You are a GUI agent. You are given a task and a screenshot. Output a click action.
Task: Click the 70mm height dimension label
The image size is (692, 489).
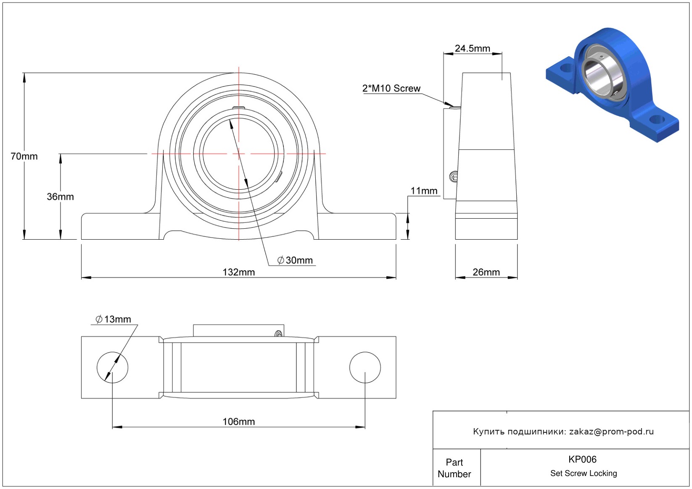[x=24, y=156]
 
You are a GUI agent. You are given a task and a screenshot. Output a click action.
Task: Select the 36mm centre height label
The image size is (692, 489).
[x=60, y=196]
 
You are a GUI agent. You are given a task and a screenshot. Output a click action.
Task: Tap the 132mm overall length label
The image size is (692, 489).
[x=238, y=272]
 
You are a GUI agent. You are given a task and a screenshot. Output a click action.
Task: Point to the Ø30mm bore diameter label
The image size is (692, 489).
[x=295, y=260]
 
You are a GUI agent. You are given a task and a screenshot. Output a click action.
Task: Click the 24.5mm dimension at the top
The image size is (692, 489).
[x=472, y=48]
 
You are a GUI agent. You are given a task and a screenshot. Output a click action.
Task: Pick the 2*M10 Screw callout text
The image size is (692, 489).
[x=391, y=89]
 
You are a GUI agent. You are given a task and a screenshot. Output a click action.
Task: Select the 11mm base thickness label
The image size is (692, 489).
[x=424, y=191]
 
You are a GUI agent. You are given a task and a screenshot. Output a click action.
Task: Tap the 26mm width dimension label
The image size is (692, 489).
[x=486, y=272]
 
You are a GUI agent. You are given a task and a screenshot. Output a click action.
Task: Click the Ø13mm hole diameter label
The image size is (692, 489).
[x=113, y=319]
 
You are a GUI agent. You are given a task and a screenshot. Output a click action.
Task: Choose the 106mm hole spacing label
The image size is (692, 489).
[x=238, y=421]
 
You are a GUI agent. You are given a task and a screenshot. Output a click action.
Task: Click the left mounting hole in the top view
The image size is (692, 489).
[x=112, y=367]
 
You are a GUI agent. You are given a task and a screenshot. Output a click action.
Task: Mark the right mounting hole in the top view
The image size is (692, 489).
[x=365, y=367]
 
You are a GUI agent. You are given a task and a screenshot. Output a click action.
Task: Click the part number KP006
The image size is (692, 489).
[x=582, y=459]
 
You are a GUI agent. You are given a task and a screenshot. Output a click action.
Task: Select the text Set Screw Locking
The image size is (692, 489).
[x=584, y=473]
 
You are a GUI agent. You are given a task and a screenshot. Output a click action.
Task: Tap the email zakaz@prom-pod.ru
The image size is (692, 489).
[x=611, y=431]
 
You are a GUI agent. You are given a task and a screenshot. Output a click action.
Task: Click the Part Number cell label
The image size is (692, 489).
[x=454, y=468]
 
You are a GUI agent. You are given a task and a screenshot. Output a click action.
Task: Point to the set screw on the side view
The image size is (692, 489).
[x=454, y=177]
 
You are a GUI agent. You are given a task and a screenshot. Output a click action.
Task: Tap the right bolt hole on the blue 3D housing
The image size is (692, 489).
[x=656, y=120]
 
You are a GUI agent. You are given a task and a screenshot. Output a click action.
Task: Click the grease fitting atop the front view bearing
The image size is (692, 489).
[x=239, y=107]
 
